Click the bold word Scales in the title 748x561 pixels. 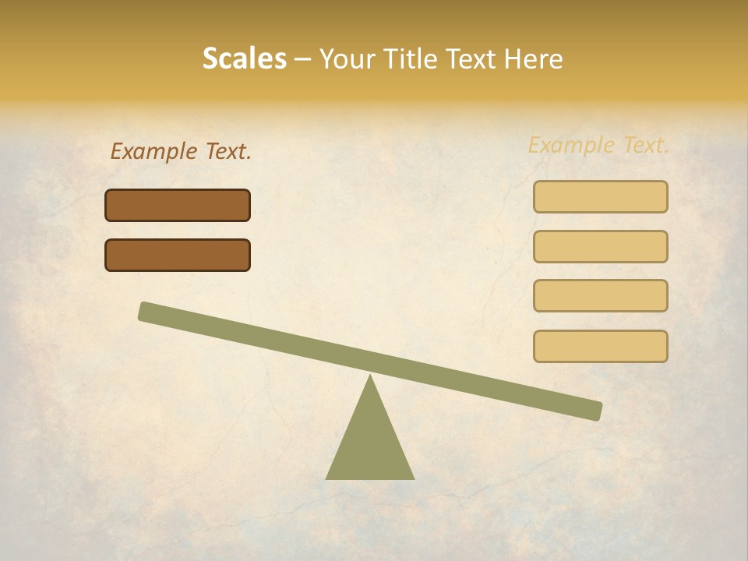pos(244,59)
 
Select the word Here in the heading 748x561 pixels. pos(534,59)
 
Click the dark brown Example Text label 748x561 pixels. pos(180,151)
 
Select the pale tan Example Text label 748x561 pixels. pos(598,145)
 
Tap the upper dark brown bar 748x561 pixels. pos(178,206)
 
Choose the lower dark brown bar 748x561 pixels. pos(178,256)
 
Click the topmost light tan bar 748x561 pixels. pos(600,197)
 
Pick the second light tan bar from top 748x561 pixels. pos(600,247)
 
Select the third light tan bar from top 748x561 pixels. pos(600,296)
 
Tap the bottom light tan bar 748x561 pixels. pos(600,346)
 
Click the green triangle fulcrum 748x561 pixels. pos(370,440)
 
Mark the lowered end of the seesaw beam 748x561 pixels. pos(595,410)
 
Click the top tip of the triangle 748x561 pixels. pos(370,376)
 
